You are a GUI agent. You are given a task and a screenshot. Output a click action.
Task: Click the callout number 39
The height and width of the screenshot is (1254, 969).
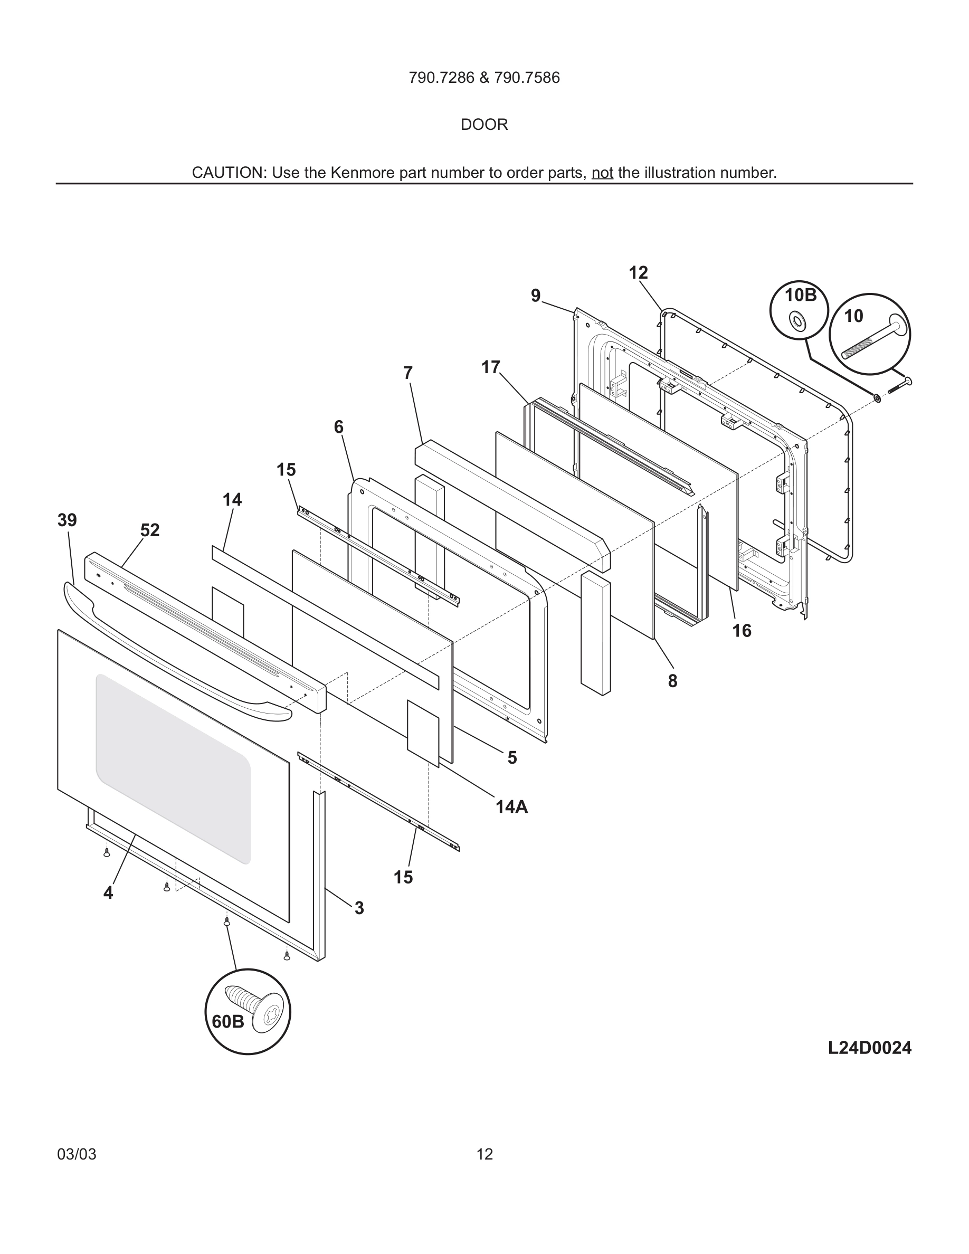click(67, 520)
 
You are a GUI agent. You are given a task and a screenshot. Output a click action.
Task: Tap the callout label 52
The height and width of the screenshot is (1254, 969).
click(150, 530)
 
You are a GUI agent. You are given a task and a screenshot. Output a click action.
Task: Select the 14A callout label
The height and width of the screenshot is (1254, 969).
click(511, 807)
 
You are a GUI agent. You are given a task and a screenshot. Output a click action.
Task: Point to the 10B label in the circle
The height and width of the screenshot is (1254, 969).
click(800, 295)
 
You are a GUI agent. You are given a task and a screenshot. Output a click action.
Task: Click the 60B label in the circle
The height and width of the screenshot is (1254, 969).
click(228, 1021)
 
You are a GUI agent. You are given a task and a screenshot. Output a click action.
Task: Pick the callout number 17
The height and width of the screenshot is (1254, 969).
click(491, 367)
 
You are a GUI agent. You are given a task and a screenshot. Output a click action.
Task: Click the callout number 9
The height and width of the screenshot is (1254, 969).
click(536, 296)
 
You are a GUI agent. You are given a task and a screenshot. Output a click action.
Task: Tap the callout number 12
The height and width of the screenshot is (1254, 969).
click(638, 273)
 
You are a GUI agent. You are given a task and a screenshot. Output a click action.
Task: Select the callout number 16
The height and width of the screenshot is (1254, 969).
click(742, 631)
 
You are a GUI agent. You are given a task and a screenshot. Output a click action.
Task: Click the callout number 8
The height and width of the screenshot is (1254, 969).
click(673, 681)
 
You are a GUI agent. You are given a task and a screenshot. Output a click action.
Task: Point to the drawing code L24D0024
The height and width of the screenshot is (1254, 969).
click(869, 1048)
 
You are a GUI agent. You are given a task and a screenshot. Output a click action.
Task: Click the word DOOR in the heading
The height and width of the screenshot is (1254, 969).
click(484, 125)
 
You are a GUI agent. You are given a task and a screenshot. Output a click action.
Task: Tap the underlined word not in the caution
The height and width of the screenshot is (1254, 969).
click(602, 173)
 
